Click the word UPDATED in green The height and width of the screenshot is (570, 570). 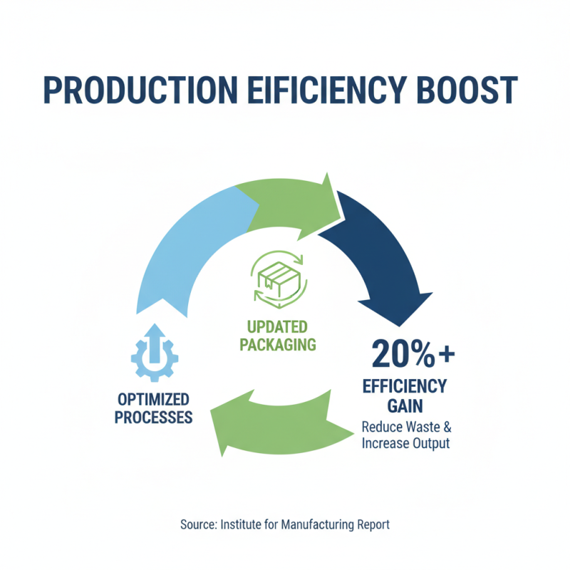pos(277,327)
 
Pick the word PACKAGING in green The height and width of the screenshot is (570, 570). pos(277,346)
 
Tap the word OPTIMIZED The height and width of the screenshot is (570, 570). pos(153,399)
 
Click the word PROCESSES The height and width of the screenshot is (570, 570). pos(153,417)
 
